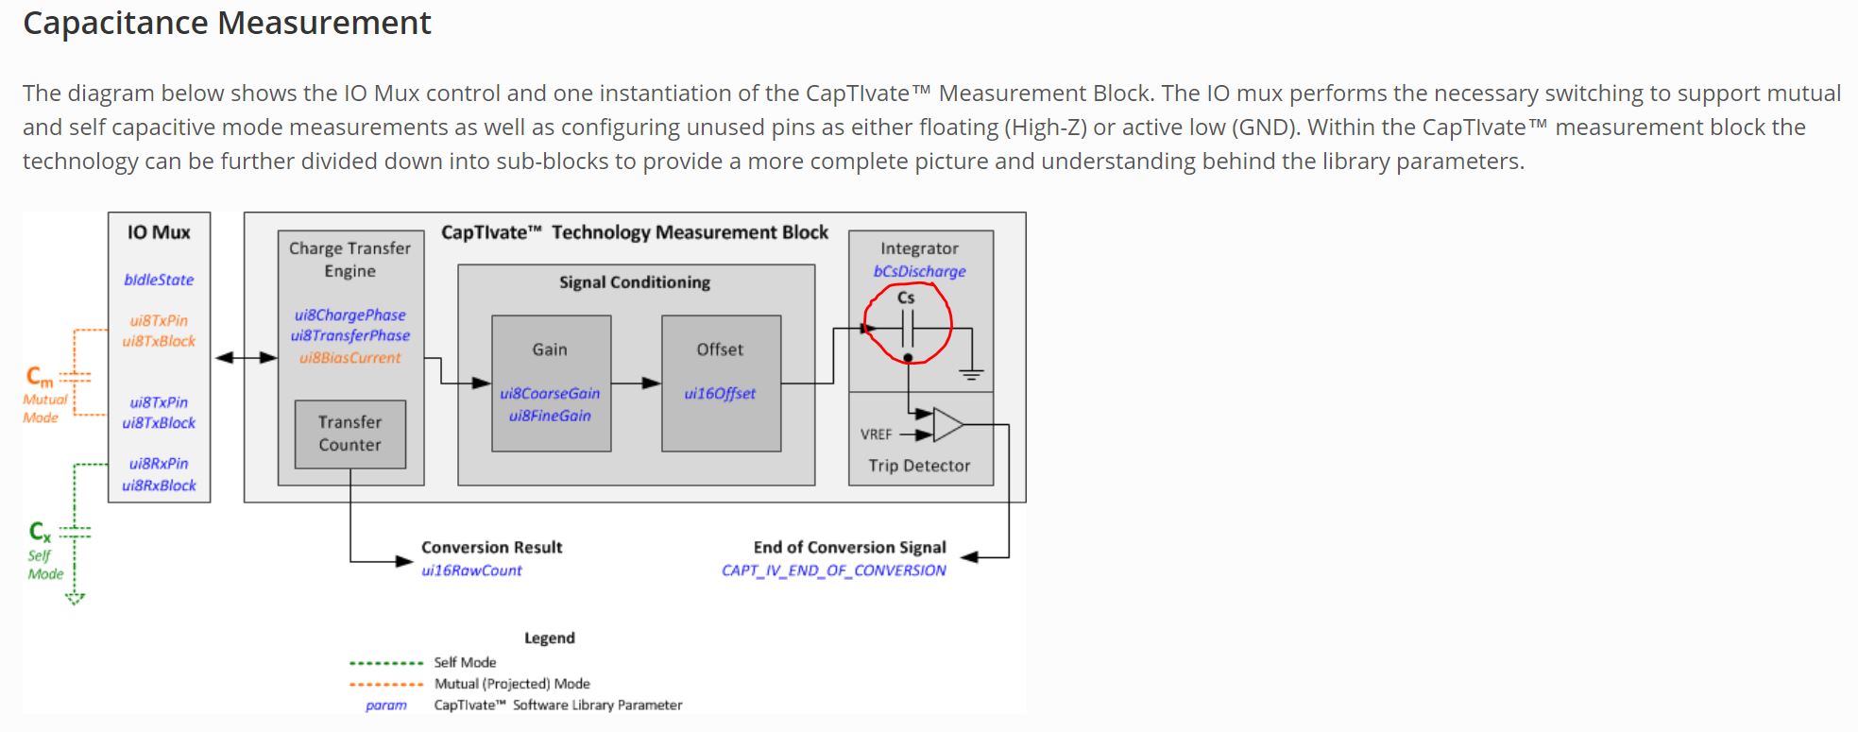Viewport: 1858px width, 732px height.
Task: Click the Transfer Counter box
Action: pos(349,434)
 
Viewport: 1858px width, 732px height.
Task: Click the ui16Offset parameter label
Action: pos(720,394)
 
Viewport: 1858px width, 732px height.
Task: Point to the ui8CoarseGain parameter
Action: pos(550,394)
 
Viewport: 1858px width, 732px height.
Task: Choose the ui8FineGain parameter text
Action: pos(550,416)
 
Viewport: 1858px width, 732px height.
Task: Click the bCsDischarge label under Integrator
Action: pos(919,271)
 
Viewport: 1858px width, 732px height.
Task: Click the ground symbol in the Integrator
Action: pos(971,374)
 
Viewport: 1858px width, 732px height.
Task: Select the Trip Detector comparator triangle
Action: pos(947,425)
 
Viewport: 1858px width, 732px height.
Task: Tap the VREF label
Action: pos(876,434)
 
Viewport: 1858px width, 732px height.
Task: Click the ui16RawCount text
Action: pos(471,570)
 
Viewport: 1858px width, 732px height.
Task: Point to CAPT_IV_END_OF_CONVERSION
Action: pos(833,570)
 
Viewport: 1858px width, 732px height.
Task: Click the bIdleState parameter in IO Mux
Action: pos(159,280)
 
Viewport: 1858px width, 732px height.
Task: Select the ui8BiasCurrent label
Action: pos(349,358)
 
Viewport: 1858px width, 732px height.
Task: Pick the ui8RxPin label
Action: pos(159,464)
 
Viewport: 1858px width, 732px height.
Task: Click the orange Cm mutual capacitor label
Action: pos(39,377)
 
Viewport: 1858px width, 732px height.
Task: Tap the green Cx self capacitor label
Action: pos(39,532)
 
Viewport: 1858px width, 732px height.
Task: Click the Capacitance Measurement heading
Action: pos(227,23)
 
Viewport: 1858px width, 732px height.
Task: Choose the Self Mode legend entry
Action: pos(465,662)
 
